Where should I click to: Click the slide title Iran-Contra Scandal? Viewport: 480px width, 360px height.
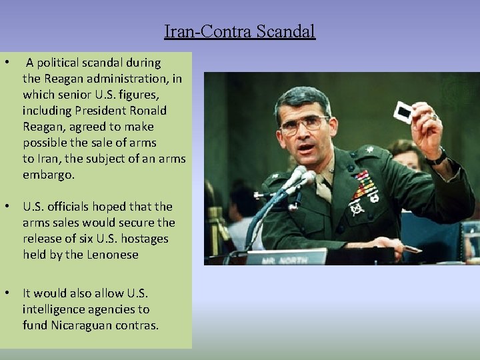[239, 31]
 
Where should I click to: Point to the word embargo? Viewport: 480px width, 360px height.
[48, 175]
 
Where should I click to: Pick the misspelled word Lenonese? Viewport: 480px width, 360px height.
[114, 255]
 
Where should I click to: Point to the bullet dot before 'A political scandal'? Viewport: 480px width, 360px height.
[6, 63]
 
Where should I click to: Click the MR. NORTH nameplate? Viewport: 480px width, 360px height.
[287, 257]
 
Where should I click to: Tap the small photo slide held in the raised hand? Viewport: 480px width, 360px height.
[403, 112]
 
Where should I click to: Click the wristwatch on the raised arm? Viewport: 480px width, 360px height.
[436, 157]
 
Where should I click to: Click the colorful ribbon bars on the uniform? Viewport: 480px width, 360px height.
[365, 186]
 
